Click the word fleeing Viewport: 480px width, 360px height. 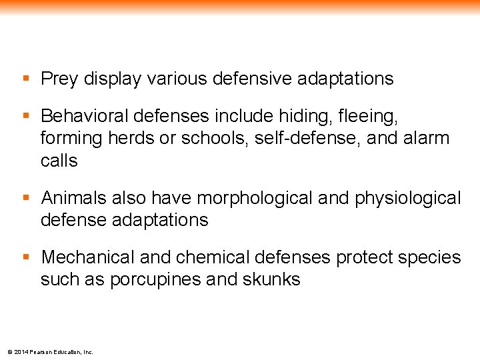pos(367,117)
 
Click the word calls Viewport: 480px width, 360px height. pos(59,161)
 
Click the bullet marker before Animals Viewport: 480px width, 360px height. pos(26,198)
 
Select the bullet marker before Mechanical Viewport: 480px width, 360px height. pos(26,257)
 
